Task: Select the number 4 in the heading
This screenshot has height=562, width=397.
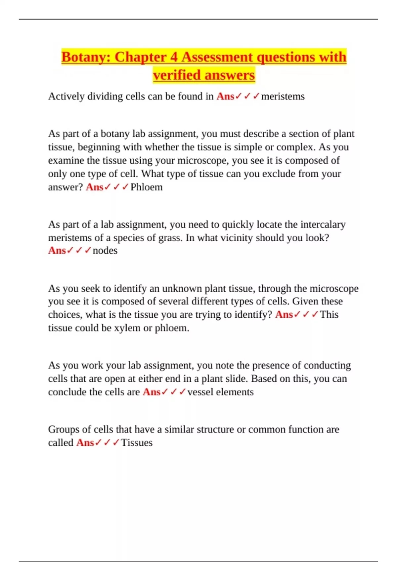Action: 174,57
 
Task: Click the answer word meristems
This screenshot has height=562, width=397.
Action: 283,96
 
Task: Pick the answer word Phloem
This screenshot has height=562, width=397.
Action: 147,187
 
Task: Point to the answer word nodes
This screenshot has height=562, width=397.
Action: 105,251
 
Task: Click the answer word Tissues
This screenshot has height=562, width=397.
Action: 137,443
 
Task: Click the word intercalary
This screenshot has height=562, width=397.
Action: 323,224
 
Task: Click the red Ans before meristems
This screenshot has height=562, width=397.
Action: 225,96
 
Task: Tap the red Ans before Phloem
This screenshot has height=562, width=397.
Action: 95,187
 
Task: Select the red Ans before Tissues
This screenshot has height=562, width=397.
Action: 85,443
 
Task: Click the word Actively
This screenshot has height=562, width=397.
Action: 66,96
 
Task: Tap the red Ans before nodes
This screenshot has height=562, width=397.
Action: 57,251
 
